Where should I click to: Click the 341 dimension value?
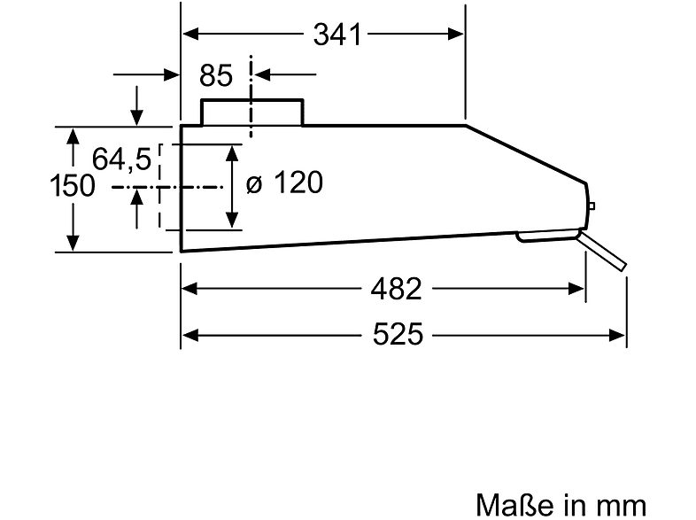pos(337,35)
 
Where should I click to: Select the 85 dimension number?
pos(216,75)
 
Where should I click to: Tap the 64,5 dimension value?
pos(121,159)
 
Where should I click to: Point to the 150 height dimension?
pos(73,185)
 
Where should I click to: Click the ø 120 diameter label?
pos(284,182)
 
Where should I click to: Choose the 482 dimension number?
pos(396,289)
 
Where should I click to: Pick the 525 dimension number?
pos(398,334)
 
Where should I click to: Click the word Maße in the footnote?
pos(514,505)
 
